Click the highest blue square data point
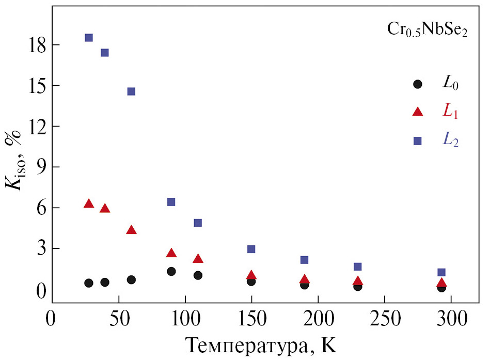click(x=89, y=38)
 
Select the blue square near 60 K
click(x=131, y=91)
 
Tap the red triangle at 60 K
click(x=131, y=230)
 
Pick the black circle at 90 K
click(x=171, y=272)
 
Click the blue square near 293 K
click(x=441, y=272)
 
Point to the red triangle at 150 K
click(x=251, y=275)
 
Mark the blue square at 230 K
click(x=357, y=267)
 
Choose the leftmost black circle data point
click(x=89, y=283)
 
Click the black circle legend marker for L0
click(x=418, y=84)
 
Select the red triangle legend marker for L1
click(x=418, y=112)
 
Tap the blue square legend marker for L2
click(x=418, y=140)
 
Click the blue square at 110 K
click(x=198, y=223)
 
